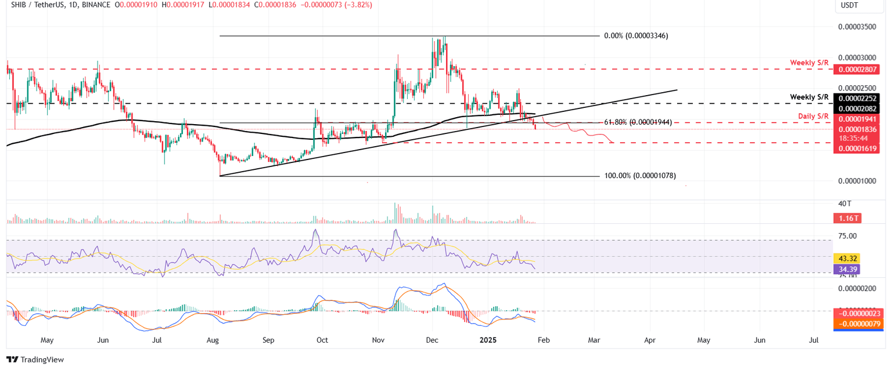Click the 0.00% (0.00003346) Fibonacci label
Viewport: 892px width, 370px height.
[636, 36]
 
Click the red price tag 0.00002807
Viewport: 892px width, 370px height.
[855, 70]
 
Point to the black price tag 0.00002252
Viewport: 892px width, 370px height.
[855, 98]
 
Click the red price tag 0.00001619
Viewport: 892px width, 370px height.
[855, 149]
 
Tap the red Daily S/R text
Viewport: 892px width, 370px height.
[814, 117]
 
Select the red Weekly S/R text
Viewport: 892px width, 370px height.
[809, 62]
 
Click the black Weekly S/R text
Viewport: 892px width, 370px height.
[809, 96]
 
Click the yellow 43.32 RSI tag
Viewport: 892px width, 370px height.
[845, 258]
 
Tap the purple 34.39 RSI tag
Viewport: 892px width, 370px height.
[845, 269]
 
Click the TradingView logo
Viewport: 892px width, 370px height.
[36, 360]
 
